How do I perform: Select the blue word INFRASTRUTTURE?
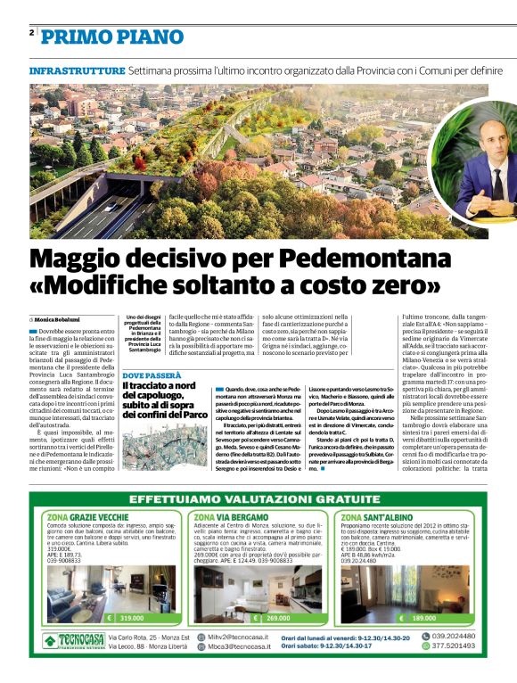pos(77,70)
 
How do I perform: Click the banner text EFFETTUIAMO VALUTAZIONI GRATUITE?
pos(258,499)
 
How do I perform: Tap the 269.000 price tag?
pos(277,617)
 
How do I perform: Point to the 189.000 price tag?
pos(423,617)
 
